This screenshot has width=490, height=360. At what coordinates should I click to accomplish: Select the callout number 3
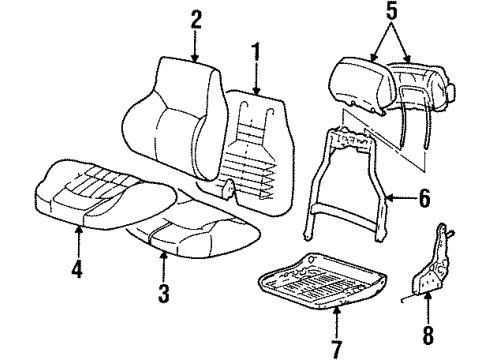point(163,295)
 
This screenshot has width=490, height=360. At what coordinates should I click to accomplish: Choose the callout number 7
point(337,350)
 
